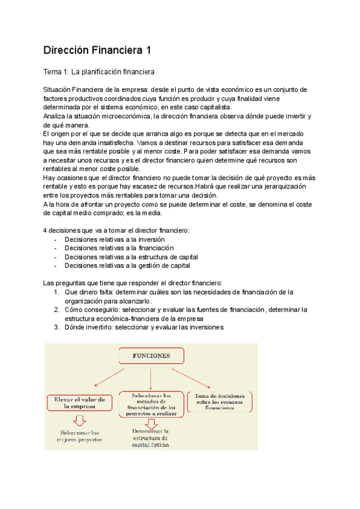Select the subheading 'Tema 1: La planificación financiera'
point(99,72)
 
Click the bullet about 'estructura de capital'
point(131,257)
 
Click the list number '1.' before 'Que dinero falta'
point(57,292)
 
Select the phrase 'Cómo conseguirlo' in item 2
point(88,310)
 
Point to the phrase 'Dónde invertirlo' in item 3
point(88,327)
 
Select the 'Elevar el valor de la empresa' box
point(79,403)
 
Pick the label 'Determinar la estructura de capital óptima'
point(149,438)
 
